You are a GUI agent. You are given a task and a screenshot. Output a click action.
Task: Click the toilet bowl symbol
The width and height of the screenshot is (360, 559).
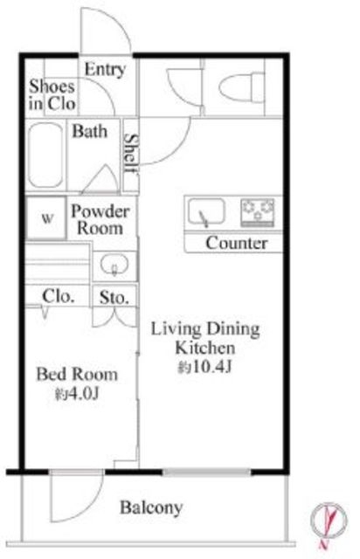click(x=242, y=87)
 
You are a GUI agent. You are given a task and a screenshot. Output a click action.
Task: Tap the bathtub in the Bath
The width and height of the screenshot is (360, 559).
click(x=45, y=155)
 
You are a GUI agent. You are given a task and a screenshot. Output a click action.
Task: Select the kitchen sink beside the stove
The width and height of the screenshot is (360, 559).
click(x=206, y=211)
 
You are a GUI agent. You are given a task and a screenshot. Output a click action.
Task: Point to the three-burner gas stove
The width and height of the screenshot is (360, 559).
click(x=258, y=213)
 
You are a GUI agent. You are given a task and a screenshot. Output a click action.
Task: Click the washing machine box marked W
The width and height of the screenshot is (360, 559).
click(x=46, y=217)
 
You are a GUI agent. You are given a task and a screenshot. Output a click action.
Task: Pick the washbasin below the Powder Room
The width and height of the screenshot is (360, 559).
click(x=114, y=265)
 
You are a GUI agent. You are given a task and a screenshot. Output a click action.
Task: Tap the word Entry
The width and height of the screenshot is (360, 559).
click(x=105, y=70)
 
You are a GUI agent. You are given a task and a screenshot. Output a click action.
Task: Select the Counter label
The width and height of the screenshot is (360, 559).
click(x=236, y=243)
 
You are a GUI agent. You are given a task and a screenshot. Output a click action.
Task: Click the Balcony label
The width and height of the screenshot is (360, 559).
click(x=151, y=507)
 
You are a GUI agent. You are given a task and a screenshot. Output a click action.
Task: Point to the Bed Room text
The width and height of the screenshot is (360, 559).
click(x=77, y=374)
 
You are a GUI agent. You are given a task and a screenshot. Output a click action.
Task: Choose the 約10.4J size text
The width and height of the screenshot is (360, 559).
click(x=205, y=367)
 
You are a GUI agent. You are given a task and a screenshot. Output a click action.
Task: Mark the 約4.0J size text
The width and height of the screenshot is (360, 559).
click(x=77, y=394)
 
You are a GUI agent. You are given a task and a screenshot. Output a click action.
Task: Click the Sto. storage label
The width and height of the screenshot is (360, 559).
click(x=114, y=297)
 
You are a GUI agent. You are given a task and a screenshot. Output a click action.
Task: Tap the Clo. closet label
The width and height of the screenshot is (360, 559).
click(x=59, y=296)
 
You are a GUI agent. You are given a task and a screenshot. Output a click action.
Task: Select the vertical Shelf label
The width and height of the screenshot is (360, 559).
click(x=130, y=154)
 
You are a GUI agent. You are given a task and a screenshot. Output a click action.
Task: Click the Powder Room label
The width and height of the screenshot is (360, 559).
click(x=100, y=219)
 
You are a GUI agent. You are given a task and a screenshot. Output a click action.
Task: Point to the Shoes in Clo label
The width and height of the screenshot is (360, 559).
click(x=52, y=95)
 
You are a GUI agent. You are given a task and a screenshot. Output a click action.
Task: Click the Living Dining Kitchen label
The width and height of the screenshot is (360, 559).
click(x=205, y=338)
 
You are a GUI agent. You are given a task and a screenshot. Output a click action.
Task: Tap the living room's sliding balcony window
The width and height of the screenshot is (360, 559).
click(x=207, y=473)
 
